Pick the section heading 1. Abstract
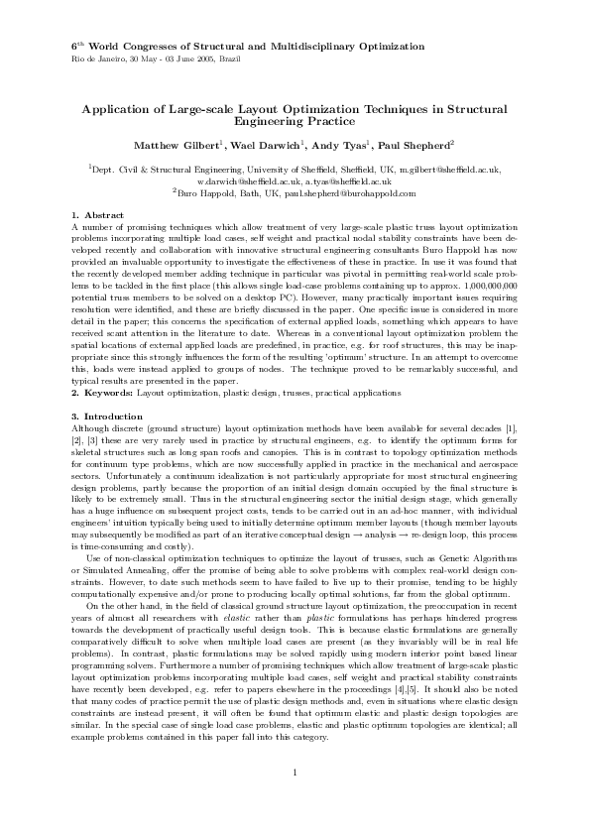97,215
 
